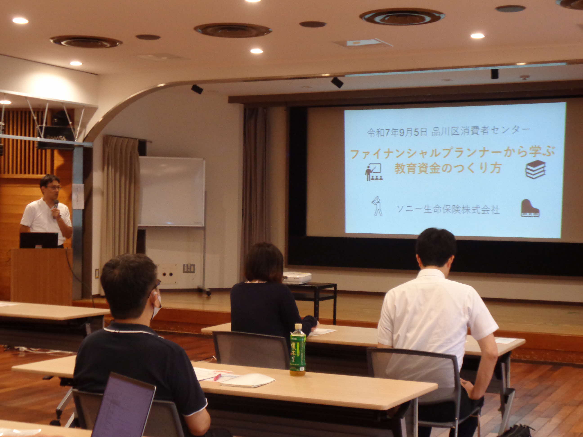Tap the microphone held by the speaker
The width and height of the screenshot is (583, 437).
(56, 204)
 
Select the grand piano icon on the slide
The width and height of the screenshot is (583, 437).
(530, 208)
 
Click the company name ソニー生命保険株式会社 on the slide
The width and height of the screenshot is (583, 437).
(448, 210)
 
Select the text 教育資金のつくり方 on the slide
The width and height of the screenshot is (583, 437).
(448, 168)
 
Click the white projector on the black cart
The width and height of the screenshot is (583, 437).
(297, 277)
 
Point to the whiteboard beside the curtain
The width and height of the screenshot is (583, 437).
(172, 192)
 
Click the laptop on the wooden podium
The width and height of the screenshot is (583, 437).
(39, 240)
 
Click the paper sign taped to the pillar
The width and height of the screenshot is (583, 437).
(78, 196)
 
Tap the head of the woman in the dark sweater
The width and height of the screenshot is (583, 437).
(264, 262)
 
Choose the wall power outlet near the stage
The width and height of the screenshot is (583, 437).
(189, 268)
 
